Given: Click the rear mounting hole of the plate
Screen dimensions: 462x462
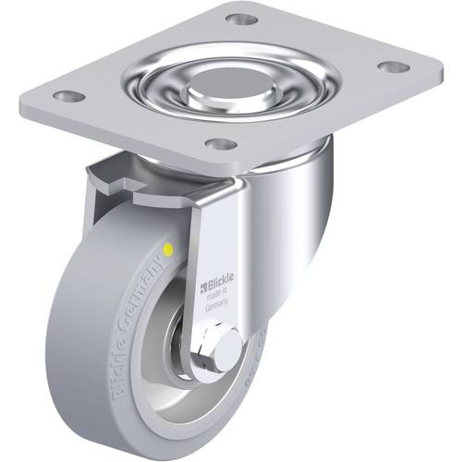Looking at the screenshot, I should (238, 18).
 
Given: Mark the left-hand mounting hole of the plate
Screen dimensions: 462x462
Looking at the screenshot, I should (67, 94).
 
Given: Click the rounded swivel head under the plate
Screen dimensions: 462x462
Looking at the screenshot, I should (305, 203).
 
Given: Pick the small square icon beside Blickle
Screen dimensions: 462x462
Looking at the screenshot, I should (203, 274).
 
